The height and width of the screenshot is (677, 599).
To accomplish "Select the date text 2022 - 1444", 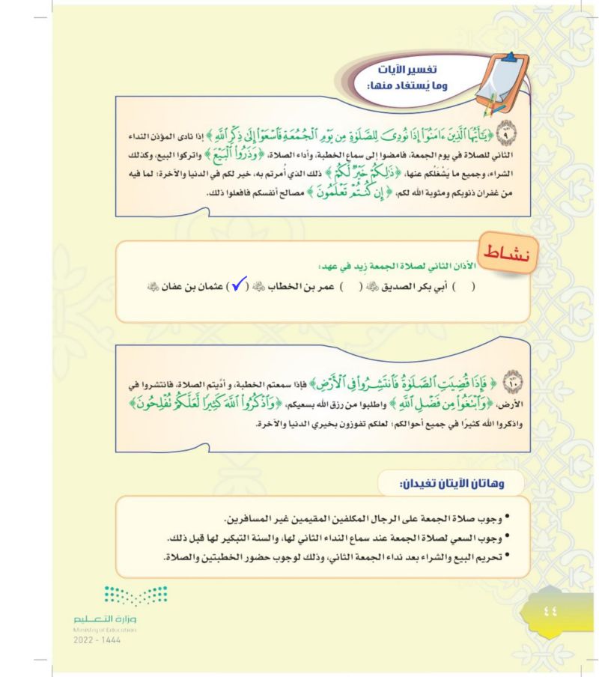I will (x=96, y=641).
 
